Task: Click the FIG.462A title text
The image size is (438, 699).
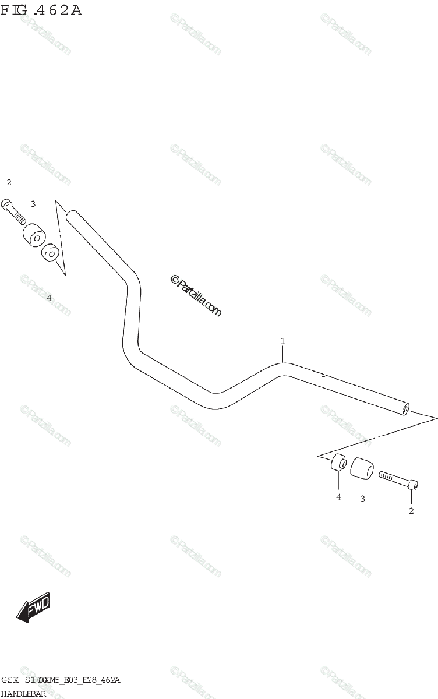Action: tap(41, 10)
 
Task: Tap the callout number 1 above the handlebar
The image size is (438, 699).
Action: tap(282, 341)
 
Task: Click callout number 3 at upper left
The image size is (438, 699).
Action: tap(33, 204)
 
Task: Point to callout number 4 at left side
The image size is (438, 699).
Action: tap(49, 297)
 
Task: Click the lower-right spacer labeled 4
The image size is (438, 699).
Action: tap(338, 464)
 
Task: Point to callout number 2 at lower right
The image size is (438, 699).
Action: tap(411, 511)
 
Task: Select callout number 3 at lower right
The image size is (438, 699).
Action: tap(362, 499)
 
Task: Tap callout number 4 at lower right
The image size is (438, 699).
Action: tap(338, 497)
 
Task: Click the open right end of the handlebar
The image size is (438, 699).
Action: tap(405, 409)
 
